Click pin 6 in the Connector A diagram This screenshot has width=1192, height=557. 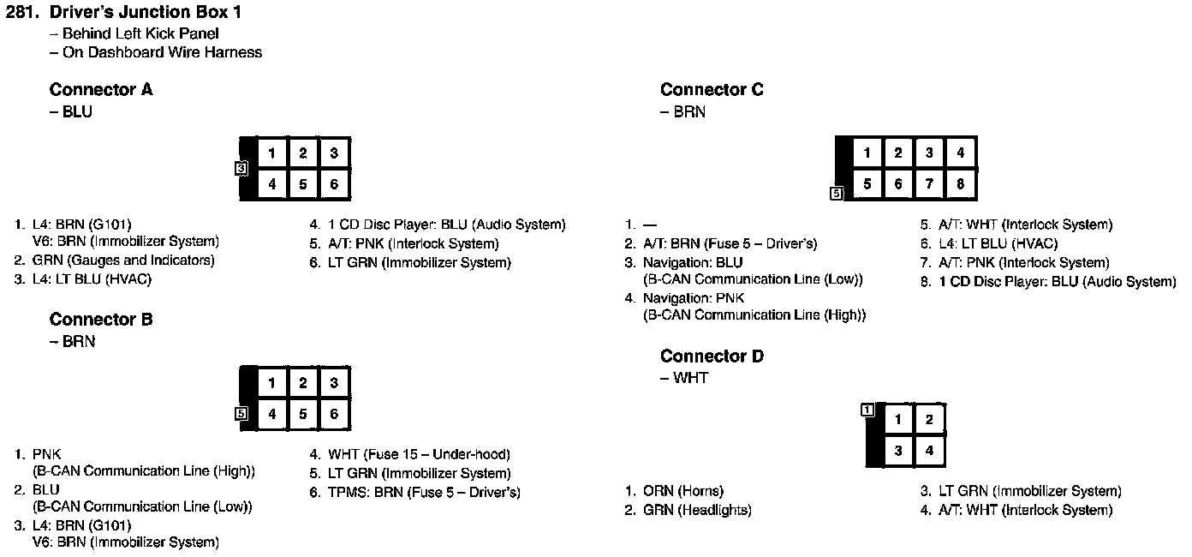tap(334, 183)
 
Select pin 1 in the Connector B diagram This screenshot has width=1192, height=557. tap(271, 383)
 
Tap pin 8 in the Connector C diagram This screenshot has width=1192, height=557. tap(960, 183)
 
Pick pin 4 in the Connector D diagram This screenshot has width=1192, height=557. tap(928, 450)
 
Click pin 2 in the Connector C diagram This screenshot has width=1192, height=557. tap(898, 153)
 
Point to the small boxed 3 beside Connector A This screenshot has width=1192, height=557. tap(241, 169)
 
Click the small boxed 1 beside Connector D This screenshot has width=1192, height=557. tap(867, 410)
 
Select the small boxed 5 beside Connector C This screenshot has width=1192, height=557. tap(837, 194)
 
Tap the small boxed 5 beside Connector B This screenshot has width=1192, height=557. tap(241, 414)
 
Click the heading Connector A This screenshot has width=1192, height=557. tap(101, 90)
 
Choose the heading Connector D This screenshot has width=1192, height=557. tap(712, 356)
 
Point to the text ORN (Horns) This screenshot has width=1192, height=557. tap(683, 491)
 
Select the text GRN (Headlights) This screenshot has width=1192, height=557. tap(697, 510)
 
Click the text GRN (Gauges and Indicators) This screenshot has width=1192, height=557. tap(123, 260)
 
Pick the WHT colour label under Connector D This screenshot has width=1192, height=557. tap(690, 378)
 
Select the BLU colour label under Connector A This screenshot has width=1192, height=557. tap(77, 111)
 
